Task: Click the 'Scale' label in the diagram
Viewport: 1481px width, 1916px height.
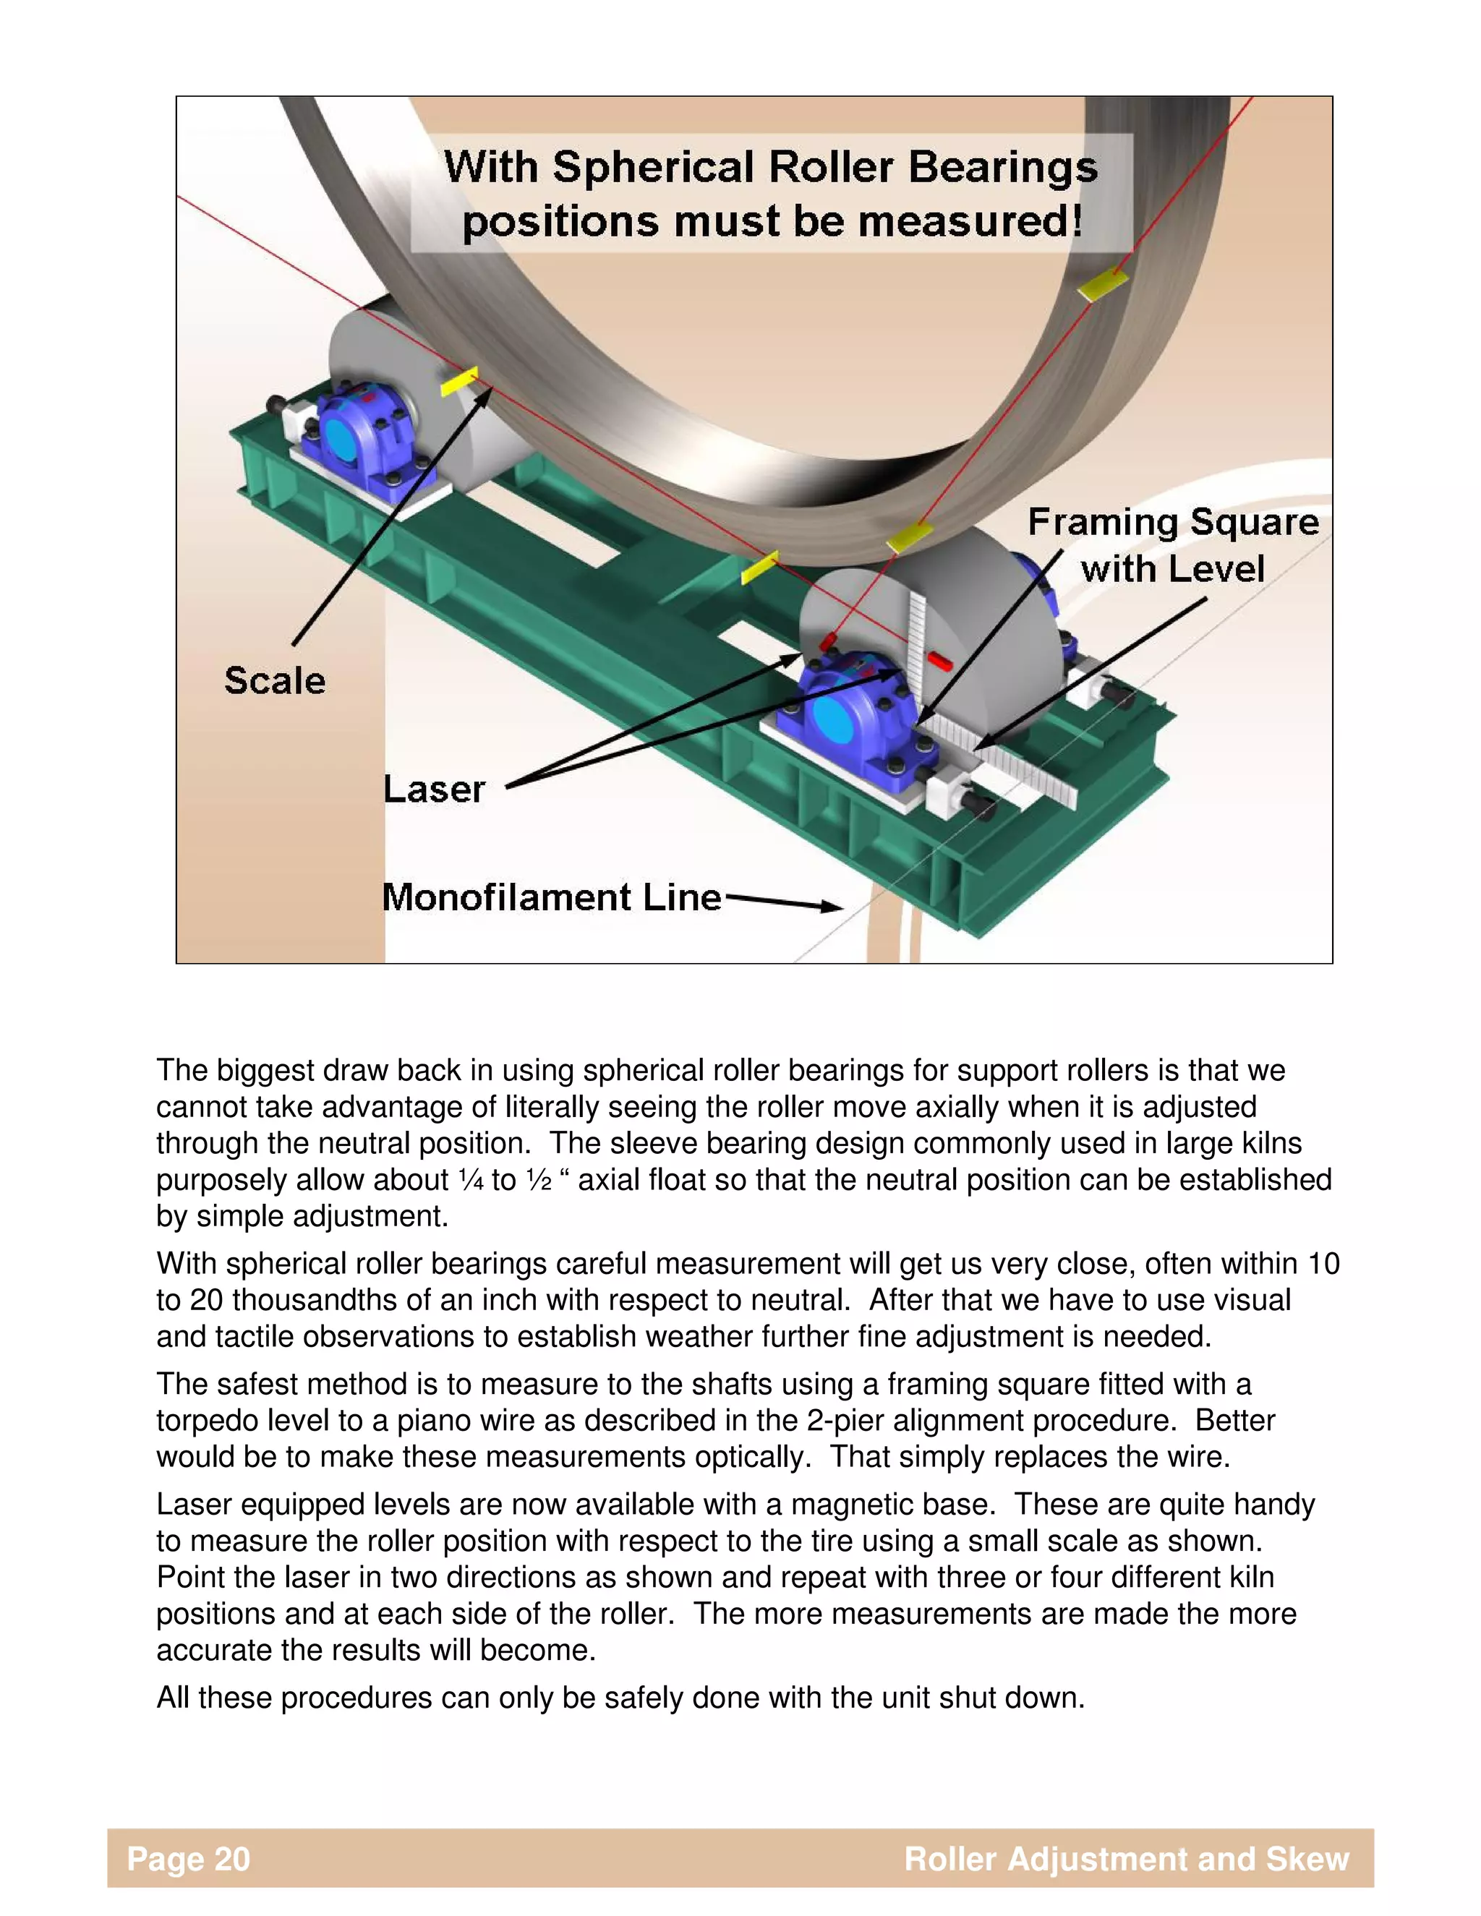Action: [x=275, y=681]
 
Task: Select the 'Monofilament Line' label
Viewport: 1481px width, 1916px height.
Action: [x=552, y=897]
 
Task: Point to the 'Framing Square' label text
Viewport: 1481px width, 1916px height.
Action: [x=1173, y=523]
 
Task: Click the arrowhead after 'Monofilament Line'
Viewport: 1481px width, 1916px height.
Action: [x=829, y=906]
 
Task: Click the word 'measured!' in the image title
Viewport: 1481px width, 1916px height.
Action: [x=970, y=222]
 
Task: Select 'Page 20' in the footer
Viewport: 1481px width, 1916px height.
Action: [x=189, y=1858]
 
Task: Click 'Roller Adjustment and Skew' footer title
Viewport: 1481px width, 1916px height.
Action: [x=1127, y=1858]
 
